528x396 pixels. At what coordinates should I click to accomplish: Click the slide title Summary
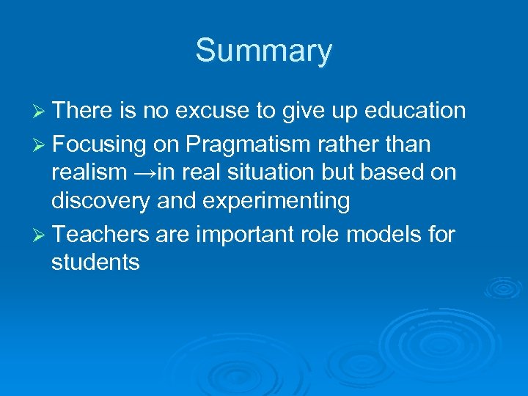tap(263, 51)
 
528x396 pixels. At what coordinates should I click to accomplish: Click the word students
tap(95, 263)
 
